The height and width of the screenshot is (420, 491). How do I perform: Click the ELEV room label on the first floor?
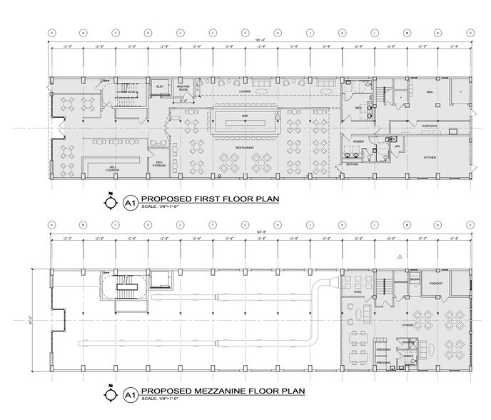(x=161, y=86)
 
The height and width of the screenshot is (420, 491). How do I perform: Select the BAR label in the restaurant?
(x=244, y=114)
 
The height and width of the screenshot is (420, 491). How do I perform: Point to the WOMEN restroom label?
(x=359, y=141)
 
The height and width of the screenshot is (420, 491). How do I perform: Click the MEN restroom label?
(x=359, y=107)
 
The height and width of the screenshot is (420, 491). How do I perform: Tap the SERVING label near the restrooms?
(x=353, y=164)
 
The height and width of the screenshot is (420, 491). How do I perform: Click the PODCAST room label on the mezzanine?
(x=437, y=284)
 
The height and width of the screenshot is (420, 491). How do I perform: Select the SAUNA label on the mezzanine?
(x=415, y=279)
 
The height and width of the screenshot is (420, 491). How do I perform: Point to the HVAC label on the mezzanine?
(x=358, y=292)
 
